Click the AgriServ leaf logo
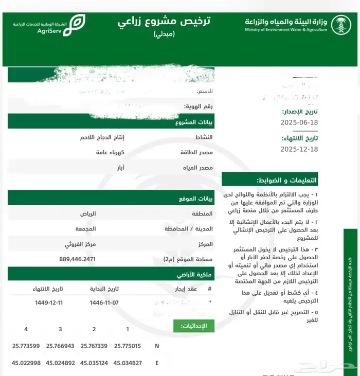78,24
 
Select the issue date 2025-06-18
299,122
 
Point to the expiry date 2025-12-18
299,149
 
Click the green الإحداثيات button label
194,326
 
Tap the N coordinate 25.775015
128,346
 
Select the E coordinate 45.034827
128,363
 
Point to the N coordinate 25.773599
26,346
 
